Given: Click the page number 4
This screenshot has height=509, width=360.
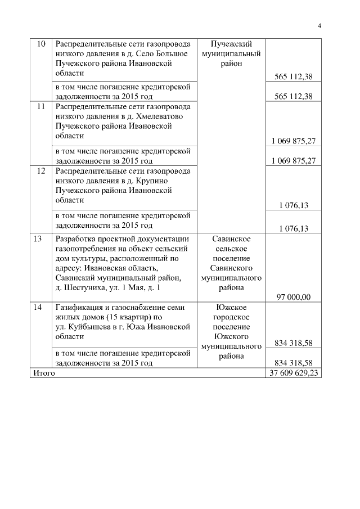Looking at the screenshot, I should point(319,25).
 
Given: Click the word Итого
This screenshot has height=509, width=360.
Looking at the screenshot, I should point(44,373).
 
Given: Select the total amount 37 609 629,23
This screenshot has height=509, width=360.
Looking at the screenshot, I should point(294,373).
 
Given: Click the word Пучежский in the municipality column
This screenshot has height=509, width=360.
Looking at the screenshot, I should point(231,44).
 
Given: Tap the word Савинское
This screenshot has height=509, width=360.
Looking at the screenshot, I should point(231,239).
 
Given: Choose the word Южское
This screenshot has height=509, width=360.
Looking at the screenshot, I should point(231,308).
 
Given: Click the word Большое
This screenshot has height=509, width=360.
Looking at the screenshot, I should point(173,54).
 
